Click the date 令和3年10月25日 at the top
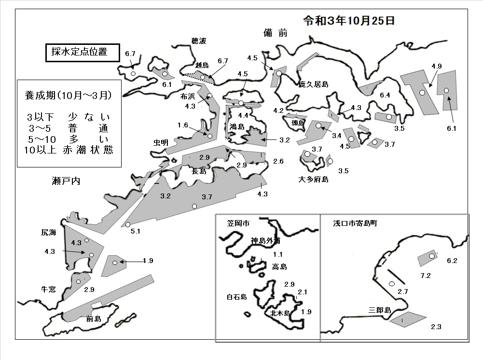[349, 21]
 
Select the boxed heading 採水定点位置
[80, 52]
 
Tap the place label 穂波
[199, 41]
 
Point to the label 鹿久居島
[313, 84]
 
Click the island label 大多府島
[313, 179]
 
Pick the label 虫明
[161, 142]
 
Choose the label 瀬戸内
[66, 181]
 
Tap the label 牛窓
[48, 289]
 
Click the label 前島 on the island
[94, 318]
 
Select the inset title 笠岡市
[238, 223]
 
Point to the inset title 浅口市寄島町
[355, 223]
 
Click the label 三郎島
[380, 310]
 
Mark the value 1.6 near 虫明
[183, 125]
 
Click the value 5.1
[136, 231]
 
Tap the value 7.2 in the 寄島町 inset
[426, 276]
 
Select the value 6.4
[385, 95]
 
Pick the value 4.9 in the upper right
[437, 66]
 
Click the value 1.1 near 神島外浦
[277, 254]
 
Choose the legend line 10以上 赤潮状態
[69, 150]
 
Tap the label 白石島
[237, 297]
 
